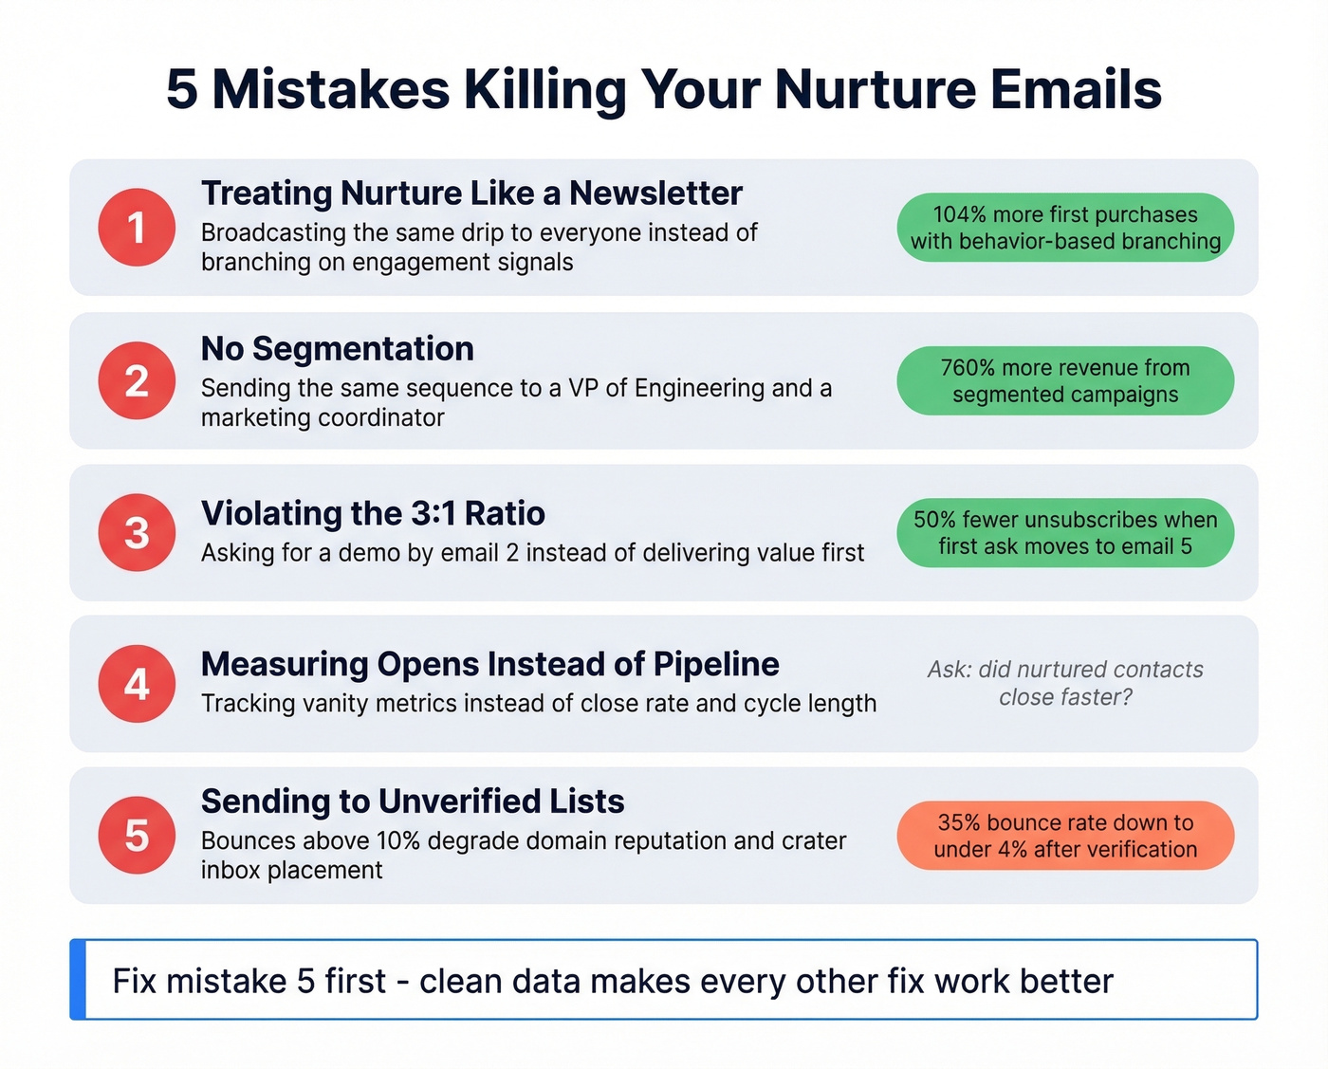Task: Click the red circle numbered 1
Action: click(x=137, y=228)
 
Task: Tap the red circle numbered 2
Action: click(x=137, y=380)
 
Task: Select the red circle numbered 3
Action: click(x=137, y=532)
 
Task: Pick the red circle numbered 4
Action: click(x=137, y=684)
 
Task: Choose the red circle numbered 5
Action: click(x=137, y=836)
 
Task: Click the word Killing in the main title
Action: click(x=544, y=90)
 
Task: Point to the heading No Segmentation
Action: click(x=337, y=349)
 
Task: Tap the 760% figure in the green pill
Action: click(x=968, y=368)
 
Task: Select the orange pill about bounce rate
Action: click(x=1065, y=836)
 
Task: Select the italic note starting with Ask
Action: click(x=1065, y=683)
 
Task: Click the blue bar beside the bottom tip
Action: click(x=78, y=980)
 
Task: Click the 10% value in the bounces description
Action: click(x=398, y=841)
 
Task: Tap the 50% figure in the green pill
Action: click(x=934, y=520)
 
